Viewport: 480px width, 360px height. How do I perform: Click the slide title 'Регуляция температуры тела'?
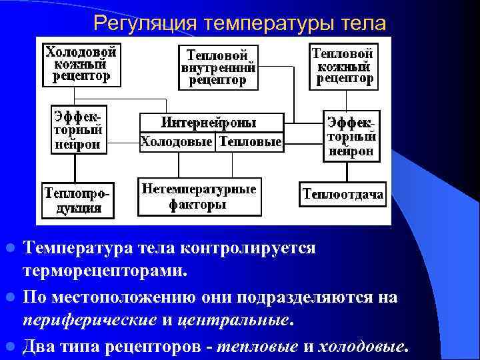click(x=239, y=23)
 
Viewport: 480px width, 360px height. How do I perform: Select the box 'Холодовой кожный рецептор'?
click(x=81, y=64)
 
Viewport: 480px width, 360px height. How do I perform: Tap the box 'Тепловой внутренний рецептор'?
click(x=217, y=67)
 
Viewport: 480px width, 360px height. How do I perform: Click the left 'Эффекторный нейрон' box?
click(x=79, y=128)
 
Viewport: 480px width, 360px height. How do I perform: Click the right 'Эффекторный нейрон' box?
click(x=351, y=136)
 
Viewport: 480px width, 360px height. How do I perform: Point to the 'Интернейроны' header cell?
click(x=211, y=123)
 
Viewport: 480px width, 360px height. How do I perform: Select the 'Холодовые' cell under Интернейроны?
click(x=177, y=142)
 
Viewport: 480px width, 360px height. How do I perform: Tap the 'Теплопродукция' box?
click(x=77, y=199)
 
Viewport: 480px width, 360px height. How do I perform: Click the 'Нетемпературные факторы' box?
click(x=199, y=197)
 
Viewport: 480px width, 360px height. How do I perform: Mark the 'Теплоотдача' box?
click(x=343, y=194)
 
